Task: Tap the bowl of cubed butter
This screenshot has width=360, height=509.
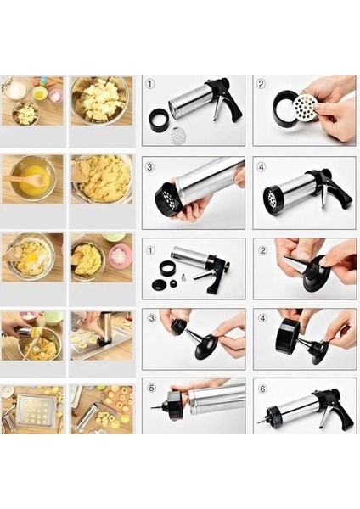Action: point(101,99)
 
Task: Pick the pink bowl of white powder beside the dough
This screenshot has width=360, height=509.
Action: point(120,255)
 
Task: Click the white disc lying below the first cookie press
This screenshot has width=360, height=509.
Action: point(177,134)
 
